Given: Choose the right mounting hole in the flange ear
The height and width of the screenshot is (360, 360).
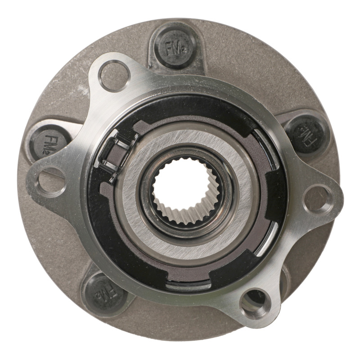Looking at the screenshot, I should [319, 198].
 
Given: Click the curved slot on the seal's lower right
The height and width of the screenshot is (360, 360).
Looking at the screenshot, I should [270, 238].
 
